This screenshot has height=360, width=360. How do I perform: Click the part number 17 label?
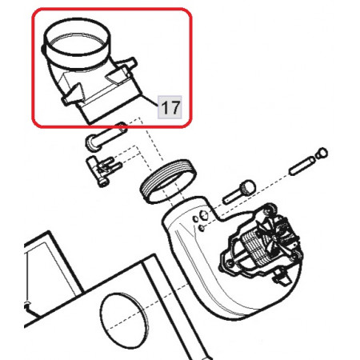click(x=170, y=107)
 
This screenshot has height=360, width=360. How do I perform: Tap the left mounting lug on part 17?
click(x=72, y=94)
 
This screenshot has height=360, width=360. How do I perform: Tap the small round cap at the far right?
click(x=322, y=153)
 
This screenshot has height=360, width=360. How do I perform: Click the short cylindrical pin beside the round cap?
click(x=302, y=166)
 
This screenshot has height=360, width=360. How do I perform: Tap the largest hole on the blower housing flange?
click(x=204, y=215)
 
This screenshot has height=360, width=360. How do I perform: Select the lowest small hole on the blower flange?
click(x=202, y=228)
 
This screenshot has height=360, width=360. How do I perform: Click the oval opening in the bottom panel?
click(x=123, y=321)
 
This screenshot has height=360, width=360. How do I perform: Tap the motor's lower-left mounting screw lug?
click(x=229, y=264)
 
